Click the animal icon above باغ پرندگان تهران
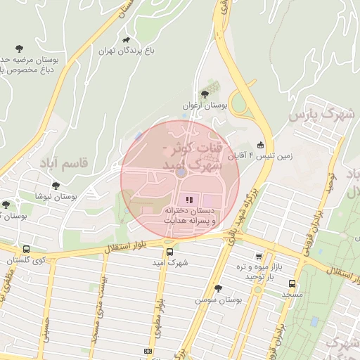coord(127,40)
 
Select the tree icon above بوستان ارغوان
coord(205,94)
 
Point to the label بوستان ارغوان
coord(205,105)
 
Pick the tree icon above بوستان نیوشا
coord(56,186)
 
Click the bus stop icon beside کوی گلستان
coord(26,249)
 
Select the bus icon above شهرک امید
coord(169,252)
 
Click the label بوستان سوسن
coord(219,300)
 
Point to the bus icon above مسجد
coord(292,283)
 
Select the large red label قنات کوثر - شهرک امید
coord(192,156)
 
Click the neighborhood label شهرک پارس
coord(323,113)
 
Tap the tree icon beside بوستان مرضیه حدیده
coord(19,49)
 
